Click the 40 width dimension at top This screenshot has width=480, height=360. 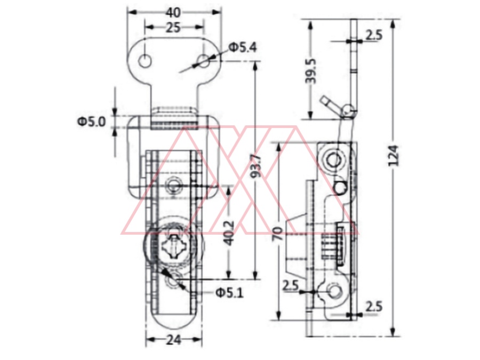(173, 13)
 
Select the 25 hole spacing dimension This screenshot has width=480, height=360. (173, 28)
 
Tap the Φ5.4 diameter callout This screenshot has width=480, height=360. (243, 47)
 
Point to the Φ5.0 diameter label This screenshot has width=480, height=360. (91, 122)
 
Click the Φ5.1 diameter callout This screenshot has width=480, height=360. (229, 293)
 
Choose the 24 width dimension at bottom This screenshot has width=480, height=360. (174, 340)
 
